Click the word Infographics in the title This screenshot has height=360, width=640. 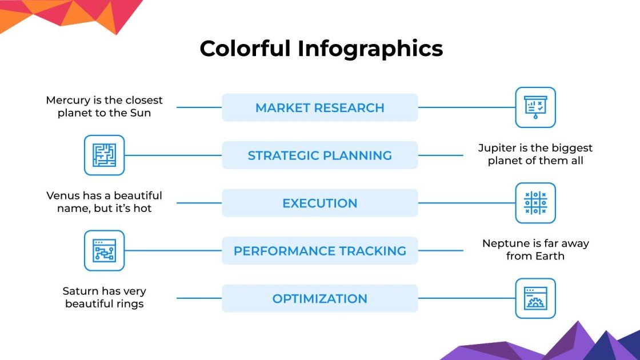coord(370,49)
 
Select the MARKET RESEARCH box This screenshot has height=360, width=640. coord(319,107)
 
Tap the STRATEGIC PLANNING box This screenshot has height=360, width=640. coord(319,155)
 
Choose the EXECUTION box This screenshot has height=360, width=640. coord(319,203)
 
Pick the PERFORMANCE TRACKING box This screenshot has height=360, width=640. coord(319,251)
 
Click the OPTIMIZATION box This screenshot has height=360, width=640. coord(319,298)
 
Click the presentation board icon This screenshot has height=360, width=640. coord(535,107)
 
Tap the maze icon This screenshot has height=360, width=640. coord(104,155)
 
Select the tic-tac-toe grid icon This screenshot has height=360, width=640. coord(535,203)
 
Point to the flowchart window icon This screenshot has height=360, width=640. coord(104,250)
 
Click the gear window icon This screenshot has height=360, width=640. coord(535,298)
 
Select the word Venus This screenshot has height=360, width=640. coord(63,196)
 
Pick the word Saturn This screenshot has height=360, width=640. coord(80,291)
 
